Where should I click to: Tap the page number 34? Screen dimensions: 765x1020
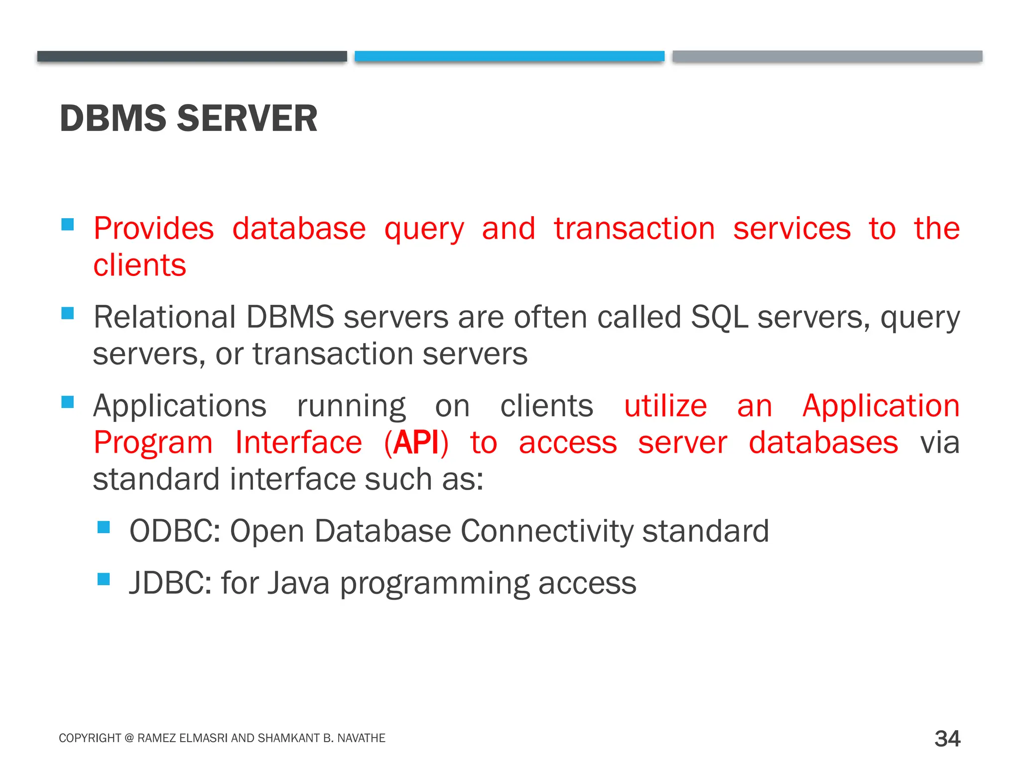click(947, 738)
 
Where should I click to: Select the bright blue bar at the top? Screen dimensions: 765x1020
click(509, 56)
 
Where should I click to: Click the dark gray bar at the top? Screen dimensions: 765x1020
click(192, 56)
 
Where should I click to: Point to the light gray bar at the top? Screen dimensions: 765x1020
click(827, 56)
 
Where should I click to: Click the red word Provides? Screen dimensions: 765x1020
click(153, 229)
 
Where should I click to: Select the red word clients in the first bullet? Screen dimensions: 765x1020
click(139, 265)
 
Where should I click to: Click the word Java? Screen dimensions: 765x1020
click(298, 583)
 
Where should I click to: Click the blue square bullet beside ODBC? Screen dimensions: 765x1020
click(104, 527)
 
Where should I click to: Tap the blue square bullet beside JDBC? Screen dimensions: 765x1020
click(104, 579)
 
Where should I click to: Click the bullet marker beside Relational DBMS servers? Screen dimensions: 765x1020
click(68, 313)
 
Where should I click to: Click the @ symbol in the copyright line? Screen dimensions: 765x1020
click(129, 738)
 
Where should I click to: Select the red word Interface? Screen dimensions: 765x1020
click(298, 442)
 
